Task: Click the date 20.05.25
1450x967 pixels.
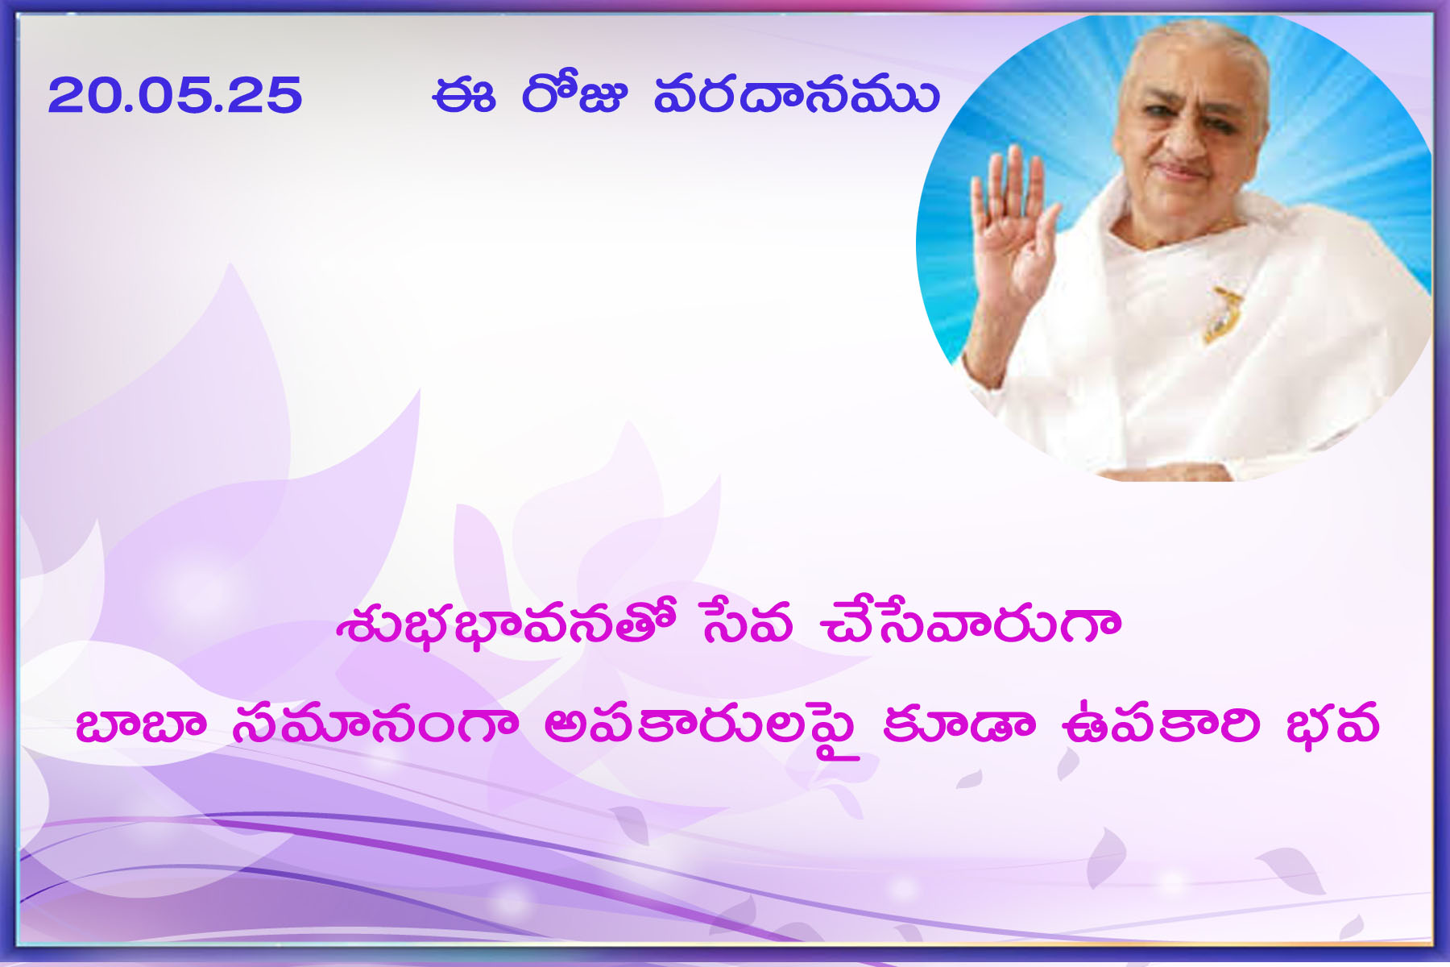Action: tap(175, 96)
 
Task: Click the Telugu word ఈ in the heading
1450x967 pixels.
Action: tap(463, 96)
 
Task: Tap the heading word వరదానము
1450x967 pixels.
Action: tap(796, 95)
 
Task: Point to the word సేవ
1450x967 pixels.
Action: tap(747, 622)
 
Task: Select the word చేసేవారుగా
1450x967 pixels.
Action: tap(970, 622)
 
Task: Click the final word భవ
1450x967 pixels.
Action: tap(1332, 724)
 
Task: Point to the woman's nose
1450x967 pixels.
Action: tap(1182, 137)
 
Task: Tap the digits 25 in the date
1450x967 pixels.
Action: tap(265, 96)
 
